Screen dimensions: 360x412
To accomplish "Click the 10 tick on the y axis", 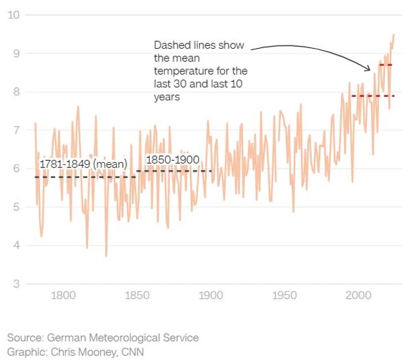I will pos(13,15).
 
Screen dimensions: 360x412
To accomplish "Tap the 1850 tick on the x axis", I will pos(137,296).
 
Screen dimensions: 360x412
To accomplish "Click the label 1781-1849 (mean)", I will pos(83,165).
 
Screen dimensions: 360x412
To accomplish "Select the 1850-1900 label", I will pos(172,160).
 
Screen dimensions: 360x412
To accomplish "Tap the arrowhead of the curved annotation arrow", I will pos(369,69).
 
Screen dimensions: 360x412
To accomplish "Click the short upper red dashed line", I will pos(386,65).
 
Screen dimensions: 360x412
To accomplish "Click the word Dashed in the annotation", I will pos(171,45).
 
